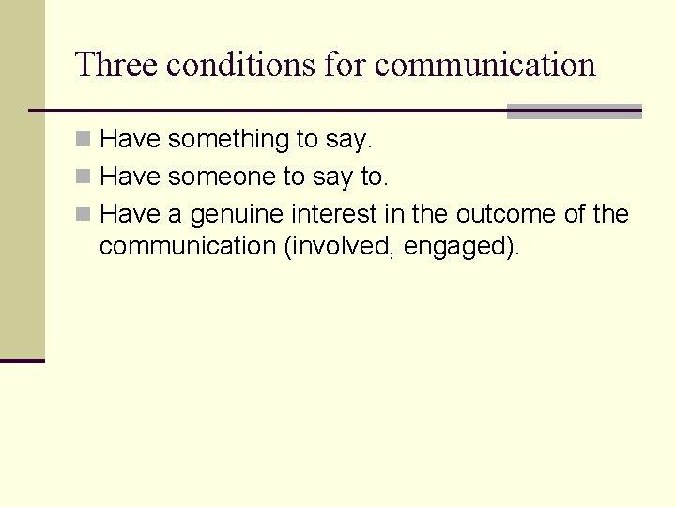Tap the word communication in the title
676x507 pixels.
tap(485, 65)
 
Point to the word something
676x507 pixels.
tap(229, 140)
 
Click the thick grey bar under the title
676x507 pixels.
tap(574, 112)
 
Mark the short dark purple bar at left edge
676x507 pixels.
tap(22, 361)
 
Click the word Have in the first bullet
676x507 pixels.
tap(130, 140)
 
